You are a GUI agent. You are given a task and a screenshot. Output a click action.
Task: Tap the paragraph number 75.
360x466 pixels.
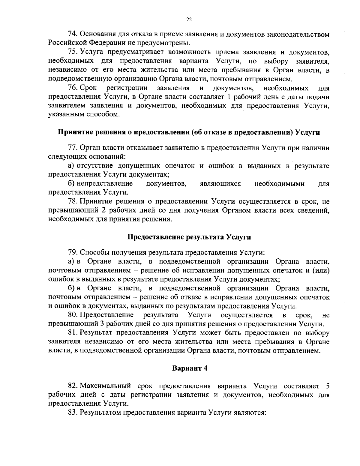[x=73, y=53]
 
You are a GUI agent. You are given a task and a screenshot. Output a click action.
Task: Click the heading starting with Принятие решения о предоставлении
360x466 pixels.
[x=189, y=133]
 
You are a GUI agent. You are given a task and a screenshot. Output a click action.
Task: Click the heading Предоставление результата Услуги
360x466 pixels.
[x=189, y=237]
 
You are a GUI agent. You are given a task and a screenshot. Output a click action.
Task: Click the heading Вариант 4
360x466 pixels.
[x=190, y=368]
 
